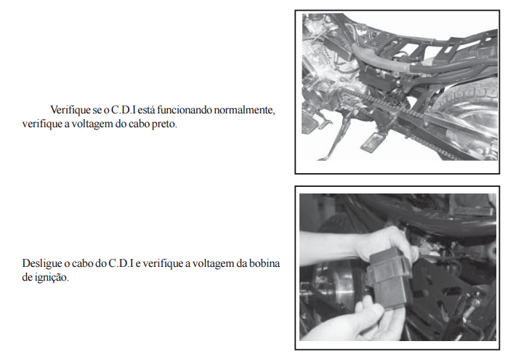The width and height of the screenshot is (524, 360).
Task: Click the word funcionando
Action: (184, 110)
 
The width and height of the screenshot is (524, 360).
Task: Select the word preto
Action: (164, 124)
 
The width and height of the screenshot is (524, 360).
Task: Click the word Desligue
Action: (41, 264)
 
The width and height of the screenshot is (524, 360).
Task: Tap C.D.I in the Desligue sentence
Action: (121, 263)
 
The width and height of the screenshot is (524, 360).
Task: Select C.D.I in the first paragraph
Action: (124, 110)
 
